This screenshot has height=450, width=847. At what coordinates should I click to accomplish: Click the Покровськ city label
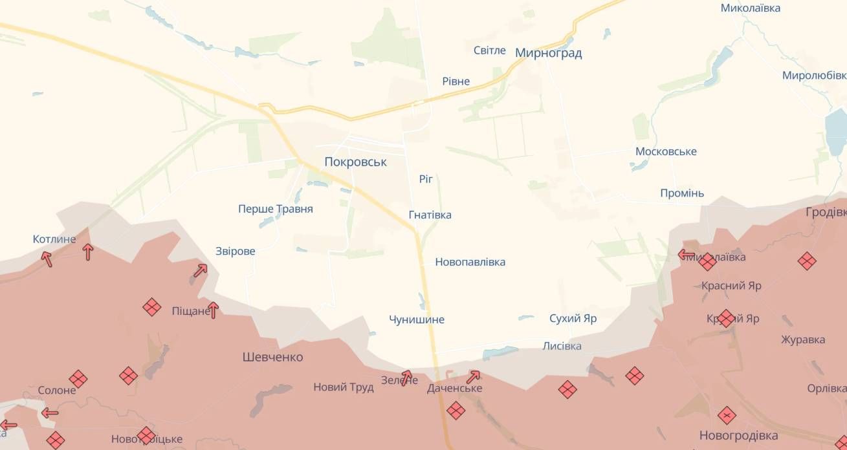click(355, 162)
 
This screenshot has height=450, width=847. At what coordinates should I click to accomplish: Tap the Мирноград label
click(548, 53)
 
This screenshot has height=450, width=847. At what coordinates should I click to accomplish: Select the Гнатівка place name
click(430, 215)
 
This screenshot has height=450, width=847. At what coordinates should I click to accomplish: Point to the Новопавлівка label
click(470, 262)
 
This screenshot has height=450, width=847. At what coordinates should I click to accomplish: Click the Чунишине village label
click(416, 319)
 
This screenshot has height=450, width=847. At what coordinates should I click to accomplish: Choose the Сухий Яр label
click(573, 318)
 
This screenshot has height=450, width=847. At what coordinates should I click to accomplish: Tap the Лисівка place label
click(561, 346)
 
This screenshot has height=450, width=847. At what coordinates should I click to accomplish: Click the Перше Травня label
click(275, 209)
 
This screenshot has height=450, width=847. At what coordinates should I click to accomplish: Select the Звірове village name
click(235, 251)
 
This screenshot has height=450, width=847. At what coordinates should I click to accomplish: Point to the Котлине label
click(54, 239)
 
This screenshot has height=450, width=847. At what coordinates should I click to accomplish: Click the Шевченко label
click(272, 357)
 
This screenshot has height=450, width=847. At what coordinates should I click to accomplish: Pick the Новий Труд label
click(343, 387)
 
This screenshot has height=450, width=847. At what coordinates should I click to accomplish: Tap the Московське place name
click(666, 151)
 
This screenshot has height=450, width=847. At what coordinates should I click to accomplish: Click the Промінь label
click(682, 193)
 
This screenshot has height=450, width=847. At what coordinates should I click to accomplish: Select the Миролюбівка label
click(814, 75)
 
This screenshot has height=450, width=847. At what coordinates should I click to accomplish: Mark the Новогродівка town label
click(738, 434)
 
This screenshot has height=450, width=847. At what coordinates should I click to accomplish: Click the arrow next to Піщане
click(212, 310)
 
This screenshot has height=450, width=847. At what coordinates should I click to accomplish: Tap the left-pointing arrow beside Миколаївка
click(686, 255)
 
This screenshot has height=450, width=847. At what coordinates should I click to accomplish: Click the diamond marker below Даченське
click(456, 410)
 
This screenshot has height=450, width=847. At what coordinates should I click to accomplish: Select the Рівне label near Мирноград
click(456, 81)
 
